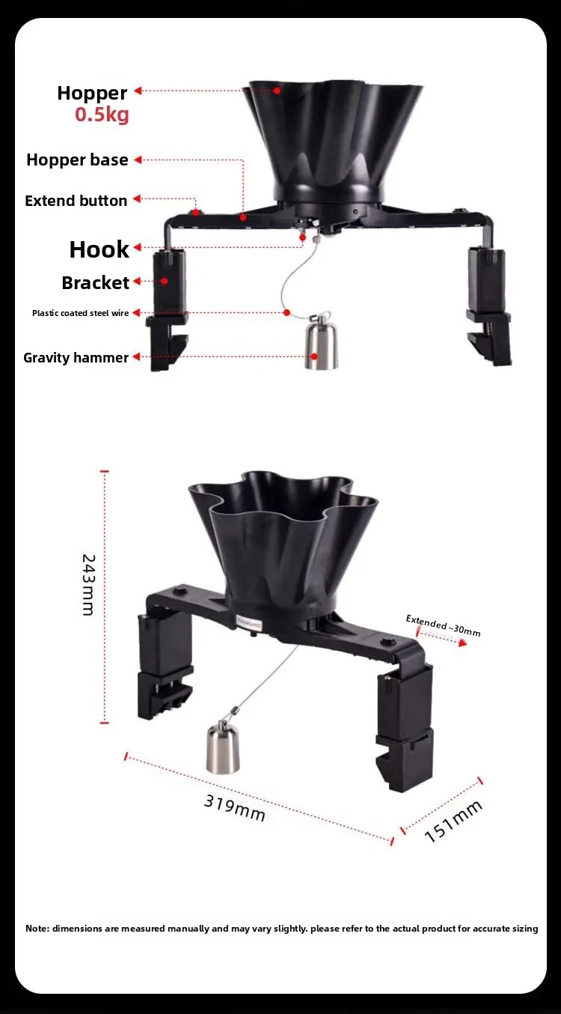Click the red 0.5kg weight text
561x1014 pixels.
pos(102,115)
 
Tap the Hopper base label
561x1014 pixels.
pos(77,160)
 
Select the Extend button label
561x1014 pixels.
pos(76,201)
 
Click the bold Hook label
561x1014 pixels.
pos(99,249)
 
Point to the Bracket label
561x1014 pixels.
pos(96,283)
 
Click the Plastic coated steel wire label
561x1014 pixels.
pos(81,313)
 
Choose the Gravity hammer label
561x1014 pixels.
pos(76,358)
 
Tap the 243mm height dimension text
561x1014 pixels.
pos(88,585)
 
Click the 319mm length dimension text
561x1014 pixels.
pos(234,808)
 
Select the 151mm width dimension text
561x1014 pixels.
pos(453,822)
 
